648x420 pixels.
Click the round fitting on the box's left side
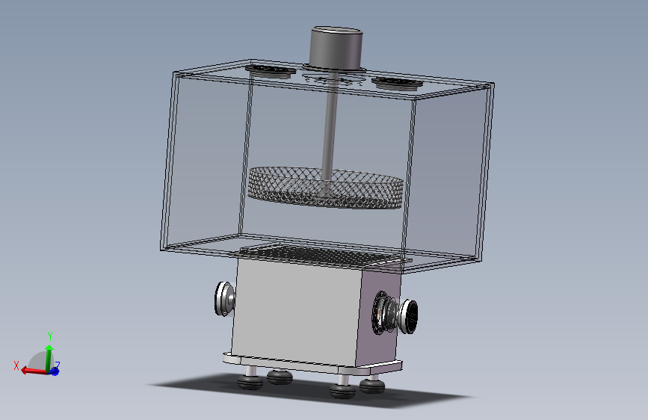[224, 298]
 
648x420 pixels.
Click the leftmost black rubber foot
[250, 383]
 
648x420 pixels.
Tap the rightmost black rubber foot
[371, 386]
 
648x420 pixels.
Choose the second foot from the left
[280, 377]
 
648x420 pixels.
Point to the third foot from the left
[343, 391]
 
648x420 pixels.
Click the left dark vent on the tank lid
[271, 71]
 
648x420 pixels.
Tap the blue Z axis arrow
[55, 371]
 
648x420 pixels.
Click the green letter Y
[49, 335]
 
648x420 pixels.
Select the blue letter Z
[58, 365]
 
